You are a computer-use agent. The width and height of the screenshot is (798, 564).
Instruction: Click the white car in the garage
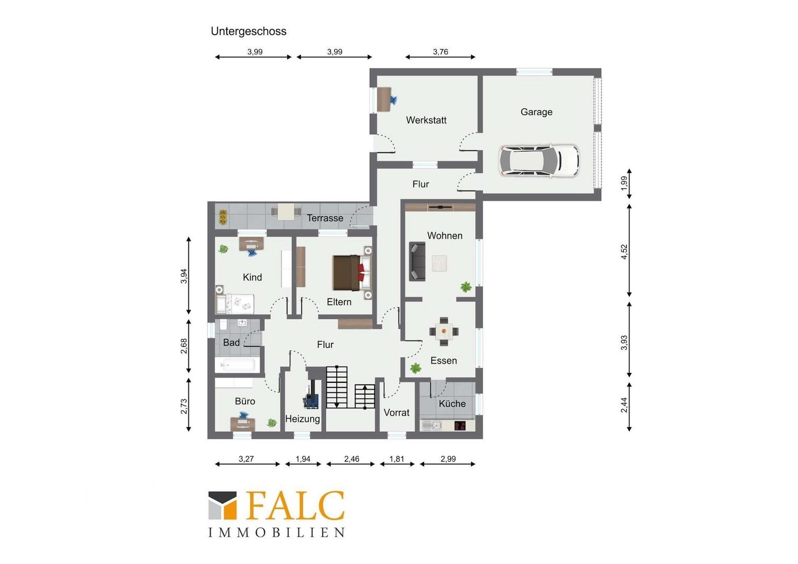[x=538, y=161]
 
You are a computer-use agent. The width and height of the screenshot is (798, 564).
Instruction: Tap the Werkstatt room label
[x=426, y=120]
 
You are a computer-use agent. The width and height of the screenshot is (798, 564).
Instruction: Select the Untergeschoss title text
[x=249, y=31]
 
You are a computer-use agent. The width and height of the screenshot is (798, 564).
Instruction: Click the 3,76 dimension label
[x=440, y=52]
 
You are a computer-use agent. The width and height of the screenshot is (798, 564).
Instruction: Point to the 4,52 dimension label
[x=624, y=252]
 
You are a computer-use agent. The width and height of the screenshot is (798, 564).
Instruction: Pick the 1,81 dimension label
[x=397, y=459]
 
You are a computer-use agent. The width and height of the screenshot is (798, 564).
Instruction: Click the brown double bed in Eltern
[x=352, y=272]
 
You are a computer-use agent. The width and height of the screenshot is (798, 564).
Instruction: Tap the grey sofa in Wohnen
[x=417, y=262]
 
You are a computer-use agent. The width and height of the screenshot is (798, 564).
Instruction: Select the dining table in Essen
[x=443, y=331]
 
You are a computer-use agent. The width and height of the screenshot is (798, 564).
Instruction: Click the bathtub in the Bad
[x=235, y=365]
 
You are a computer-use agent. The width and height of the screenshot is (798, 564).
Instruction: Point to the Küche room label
[x=452, y=404]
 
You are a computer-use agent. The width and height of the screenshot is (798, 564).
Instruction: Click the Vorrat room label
[x=396, y=413]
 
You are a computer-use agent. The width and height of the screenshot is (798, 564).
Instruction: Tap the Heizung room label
[x=302, y=419]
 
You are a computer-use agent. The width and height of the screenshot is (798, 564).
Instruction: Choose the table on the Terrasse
[x=286, y=211]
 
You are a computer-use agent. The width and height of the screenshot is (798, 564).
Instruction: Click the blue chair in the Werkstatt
[x=394, y=100]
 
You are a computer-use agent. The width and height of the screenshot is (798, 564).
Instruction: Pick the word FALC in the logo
[x=295, y=506]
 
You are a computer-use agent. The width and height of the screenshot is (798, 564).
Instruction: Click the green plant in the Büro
[x=272, y=423]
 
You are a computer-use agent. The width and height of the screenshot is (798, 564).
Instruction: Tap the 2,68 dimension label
[x=184, y=346]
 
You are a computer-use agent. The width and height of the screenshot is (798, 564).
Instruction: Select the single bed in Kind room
[x=235, y=304]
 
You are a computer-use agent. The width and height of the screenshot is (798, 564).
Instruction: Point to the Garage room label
[x=536, y=112]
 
